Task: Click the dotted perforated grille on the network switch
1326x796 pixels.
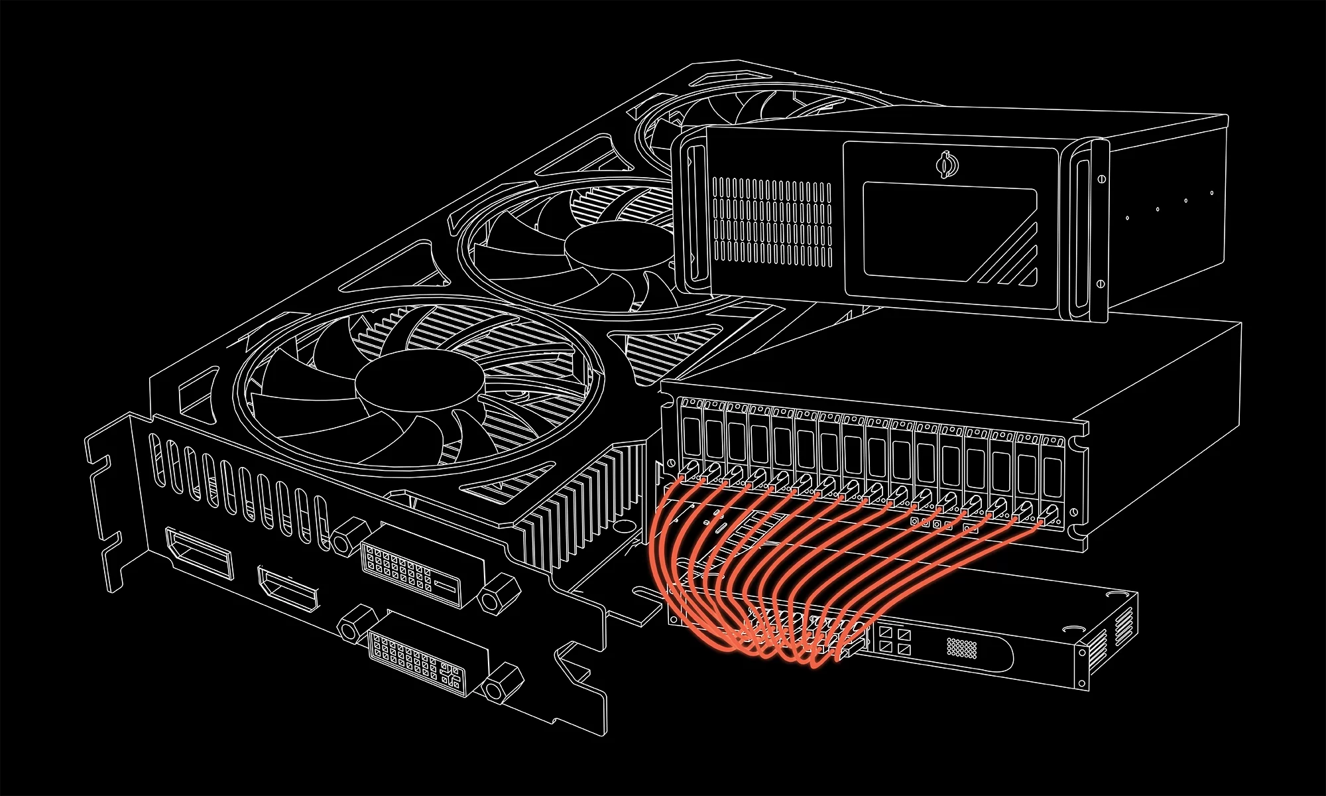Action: coord(961,647)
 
